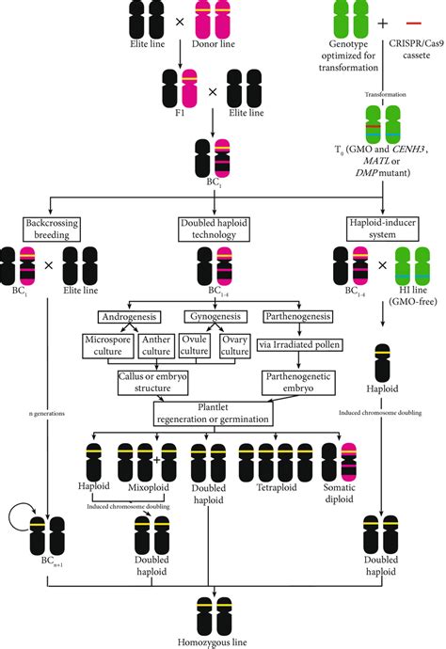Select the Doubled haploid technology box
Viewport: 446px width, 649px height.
217,227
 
